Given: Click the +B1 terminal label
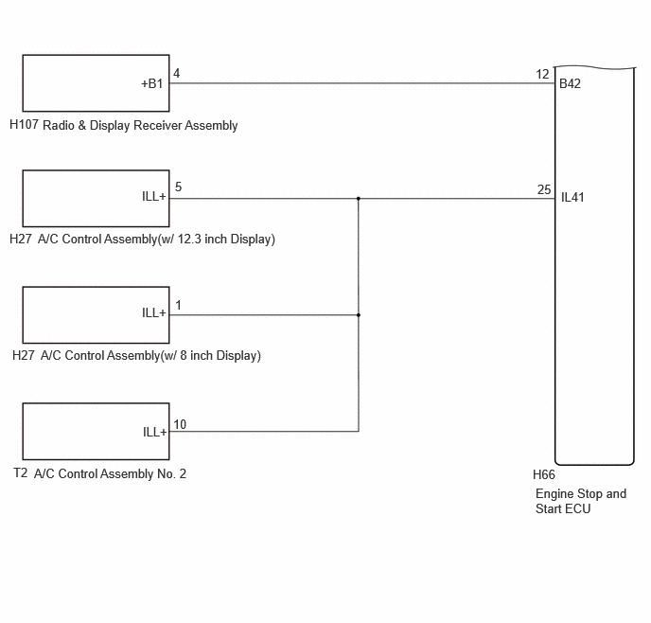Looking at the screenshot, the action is [x=152, y=84].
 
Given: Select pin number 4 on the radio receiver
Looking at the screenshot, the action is [x=176, y=74].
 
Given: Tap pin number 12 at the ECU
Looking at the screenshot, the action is [x=542, y=75].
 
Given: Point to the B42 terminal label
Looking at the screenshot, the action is [x=570, y=84].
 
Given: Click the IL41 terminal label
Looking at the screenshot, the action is [x=572, y=197].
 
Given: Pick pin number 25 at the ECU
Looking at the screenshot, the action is [x=544, y=189].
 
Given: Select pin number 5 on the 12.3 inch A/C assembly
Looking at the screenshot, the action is [x=178, y=187].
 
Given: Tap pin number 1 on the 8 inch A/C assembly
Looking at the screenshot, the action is [x=178, y=306].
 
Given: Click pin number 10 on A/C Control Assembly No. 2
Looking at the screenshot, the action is [x=180, y=424].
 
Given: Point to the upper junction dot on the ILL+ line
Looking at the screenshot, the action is [x=359, y=199].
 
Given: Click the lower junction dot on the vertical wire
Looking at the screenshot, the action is [x=359, y=315].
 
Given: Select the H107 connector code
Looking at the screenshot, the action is [x=24, y=124].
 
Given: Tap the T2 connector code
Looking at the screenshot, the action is [x=21, y=473].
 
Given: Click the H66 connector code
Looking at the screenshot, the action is [x=544, y=474].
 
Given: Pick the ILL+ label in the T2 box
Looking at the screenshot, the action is [x=154, y=433].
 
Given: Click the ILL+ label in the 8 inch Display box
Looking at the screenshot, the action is [x=153, y=312].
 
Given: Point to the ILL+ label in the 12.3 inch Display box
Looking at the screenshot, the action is [x=153, y=196].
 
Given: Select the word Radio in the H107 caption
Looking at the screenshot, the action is [x=59, y=125].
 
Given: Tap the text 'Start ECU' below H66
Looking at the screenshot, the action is [x=563, y=508].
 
